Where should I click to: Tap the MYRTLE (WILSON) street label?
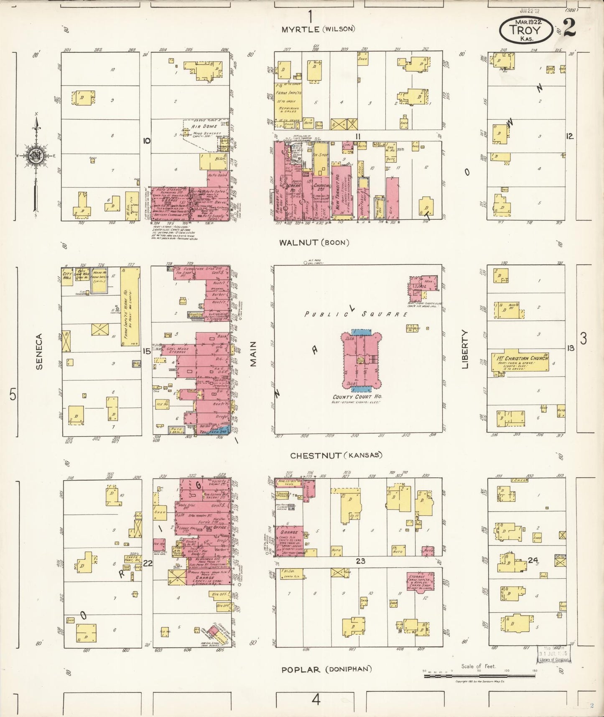[318, 29]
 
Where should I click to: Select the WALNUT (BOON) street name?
[314, 242]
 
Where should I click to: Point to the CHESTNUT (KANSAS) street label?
[336, 456]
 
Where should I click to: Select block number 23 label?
[360, 561]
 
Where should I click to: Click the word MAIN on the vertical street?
[253, 354]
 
